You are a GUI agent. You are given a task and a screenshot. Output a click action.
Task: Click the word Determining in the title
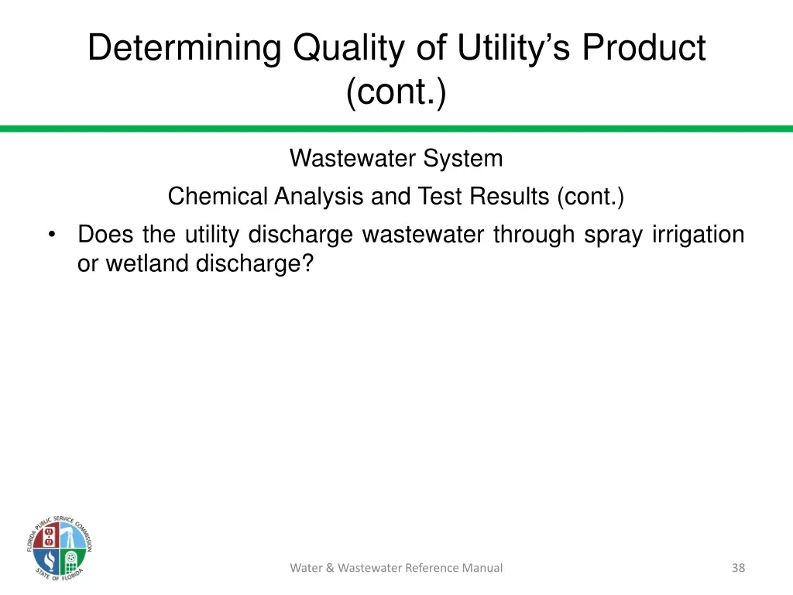coord(184,48)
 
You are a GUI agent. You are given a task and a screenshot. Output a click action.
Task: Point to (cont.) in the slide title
coord(396,93)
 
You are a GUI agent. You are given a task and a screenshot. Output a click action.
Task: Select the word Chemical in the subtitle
coord(218,197)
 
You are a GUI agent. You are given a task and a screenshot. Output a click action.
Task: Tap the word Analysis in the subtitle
coord(320,197)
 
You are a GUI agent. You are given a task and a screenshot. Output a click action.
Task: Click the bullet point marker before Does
coord(51,235)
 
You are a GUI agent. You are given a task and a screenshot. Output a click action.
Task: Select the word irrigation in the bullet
coord(698,235)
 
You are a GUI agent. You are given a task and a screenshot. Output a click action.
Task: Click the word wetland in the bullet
coord(148,264)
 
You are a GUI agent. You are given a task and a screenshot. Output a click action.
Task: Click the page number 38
coord(738,568)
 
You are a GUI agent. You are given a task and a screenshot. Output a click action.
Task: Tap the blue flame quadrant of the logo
coord(49,559)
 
